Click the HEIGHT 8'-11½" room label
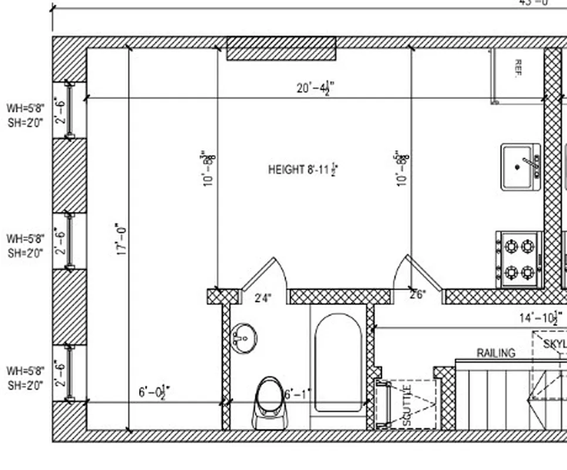coord(303,170)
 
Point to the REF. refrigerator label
coord(518,69)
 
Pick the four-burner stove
coord(519,259)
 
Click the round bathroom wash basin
coord(244,338)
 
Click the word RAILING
coord(496,353)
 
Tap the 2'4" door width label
coord(263,298)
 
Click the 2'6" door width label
coord(417,294)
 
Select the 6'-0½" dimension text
coord(154,392)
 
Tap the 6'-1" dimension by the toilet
coord(298,395)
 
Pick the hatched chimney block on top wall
coord(281,49)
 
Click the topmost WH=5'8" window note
coord(25,108)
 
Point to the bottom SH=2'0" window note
coord(25,385)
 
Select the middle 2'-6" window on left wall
coord(69,241)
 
